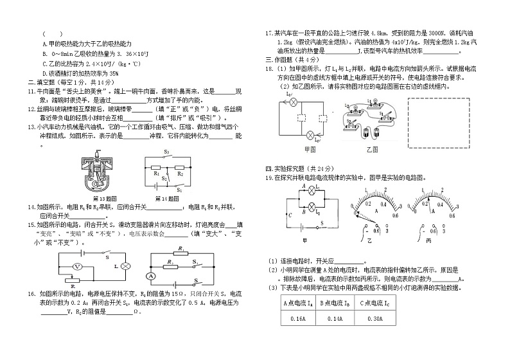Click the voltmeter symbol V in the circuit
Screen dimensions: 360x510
point(75,265)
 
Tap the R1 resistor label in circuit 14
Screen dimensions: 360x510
point(156,173)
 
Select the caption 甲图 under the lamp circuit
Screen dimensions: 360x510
point(311,148)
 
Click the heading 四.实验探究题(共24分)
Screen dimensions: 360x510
point(297,168)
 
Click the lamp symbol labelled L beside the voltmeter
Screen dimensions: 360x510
point(127,265)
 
